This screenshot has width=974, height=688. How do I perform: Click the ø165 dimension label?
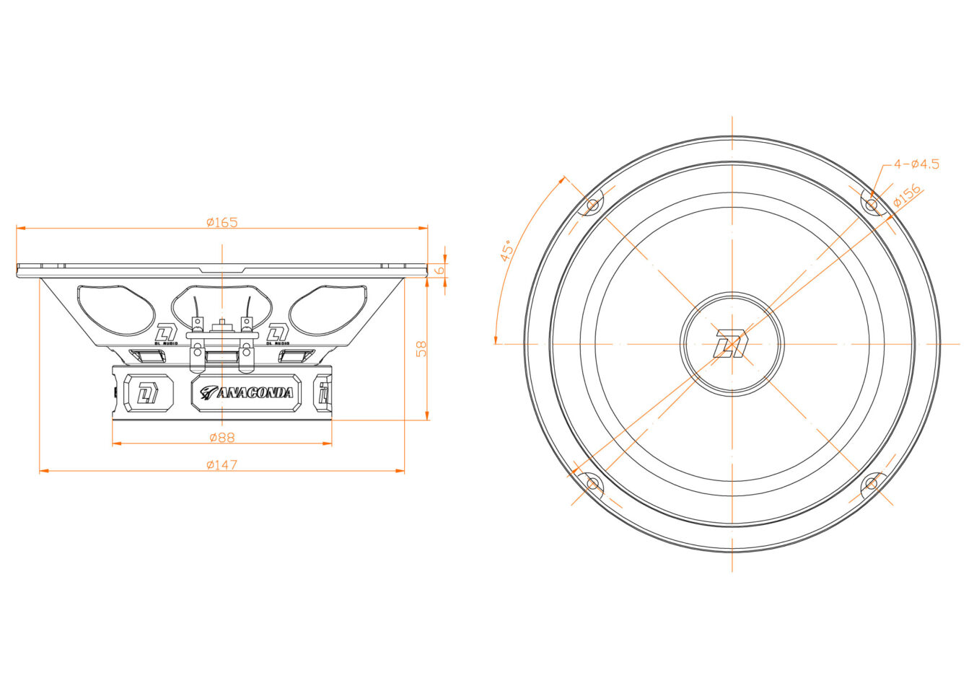[221, 223]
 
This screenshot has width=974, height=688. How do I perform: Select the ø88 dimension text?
[221, 437]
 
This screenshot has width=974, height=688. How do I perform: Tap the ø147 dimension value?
[221, 465]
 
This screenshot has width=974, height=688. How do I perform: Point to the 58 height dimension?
[421, 349]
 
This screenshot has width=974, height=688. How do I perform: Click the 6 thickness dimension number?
[440, 270]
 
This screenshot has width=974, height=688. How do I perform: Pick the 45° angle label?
[506, 251]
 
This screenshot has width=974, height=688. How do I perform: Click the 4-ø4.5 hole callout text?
[916, 164]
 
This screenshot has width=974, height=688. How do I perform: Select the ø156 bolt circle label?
[907, 195]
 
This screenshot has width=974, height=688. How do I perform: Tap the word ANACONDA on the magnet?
[255, 393]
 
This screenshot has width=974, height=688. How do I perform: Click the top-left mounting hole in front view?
[592, 204]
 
